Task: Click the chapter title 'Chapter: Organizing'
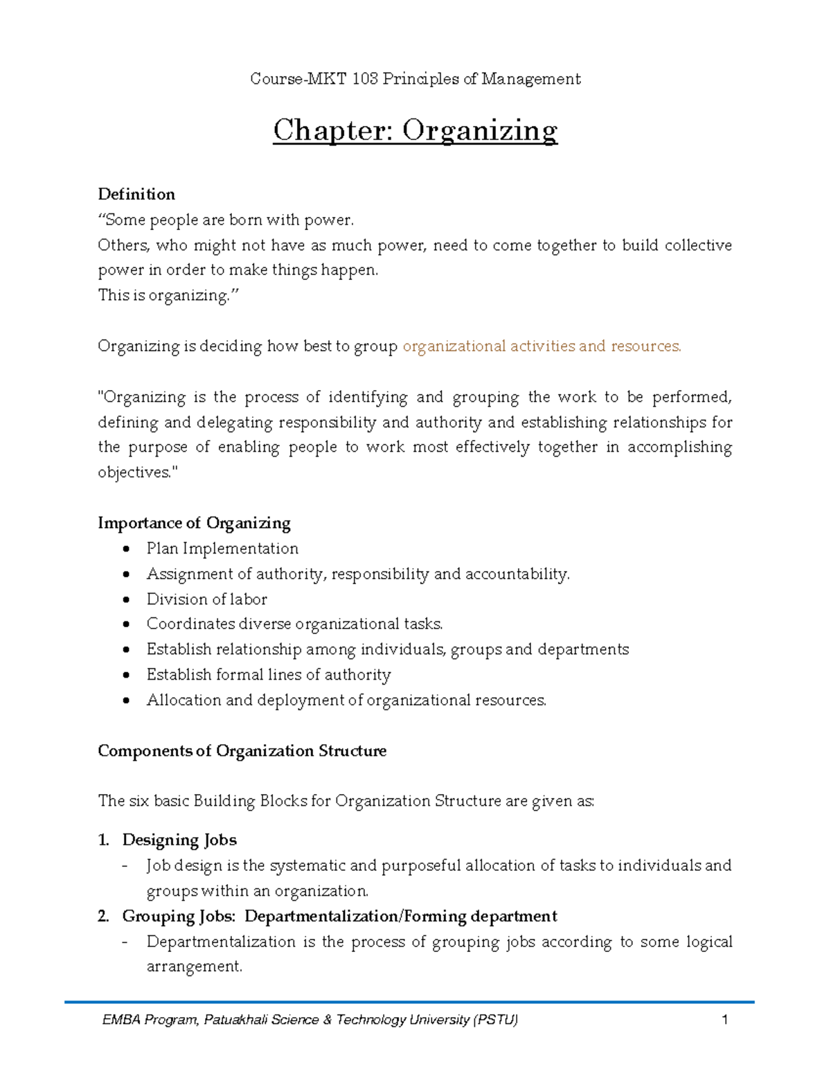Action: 415,130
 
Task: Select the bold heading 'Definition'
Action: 136,194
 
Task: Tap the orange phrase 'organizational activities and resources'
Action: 542,346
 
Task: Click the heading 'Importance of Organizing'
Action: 194,522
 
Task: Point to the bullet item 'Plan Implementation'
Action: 222,548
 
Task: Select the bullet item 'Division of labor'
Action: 206,599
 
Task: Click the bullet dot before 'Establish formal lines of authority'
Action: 126,675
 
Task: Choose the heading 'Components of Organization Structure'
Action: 242,750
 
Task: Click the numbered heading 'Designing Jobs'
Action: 179,840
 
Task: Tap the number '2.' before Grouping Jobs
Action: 104,916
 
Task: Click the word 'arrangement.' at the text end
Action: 195,967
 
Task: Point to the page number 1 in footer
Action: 724,1019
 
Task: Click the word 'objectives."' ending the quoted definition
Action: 138,473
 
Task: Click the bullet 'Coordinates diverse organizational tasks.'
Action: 294,624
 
